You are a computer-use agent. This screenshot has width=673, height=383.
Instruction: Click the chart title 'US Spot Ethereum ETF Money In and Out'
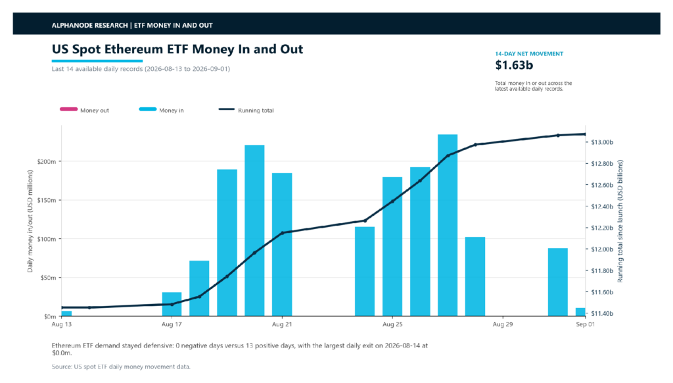click(x=177, y=49)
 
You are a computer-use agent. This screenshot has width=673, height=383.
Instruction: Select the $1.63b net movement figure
click(x=514, y=65)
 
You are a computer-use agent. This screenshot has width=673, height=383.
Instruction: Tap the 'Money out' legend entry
click(x=84, y=110)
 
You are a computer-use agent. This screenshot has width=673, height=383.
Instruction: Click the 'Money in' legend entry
click(x=162, y=110)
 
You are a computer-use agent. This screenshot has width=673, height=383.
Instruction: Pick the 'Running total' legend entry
click(x=246, y=110)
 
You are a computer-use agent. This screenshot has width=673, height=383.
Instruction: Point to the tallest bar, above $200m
click(x=448, y=225)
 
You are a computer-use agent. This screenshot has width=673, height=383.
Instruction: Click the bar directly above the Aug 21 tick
click(x=282, y=245)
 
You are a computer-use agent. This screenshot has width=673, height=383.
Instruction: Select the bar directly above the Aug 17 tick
click(x=172, y=304)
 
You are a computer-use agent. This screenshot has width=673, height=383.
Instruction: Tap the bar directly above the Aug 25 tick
click(x=392, y=246)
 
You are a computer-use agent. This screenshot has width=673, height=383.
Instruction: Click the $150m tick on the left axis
click(x=47, y=200)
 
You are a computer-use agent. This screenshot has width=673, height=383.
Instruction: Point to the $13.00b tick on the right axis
click(x=602, y=142)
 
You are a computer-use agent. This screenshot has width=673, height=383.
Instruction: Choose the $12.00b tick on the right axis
click(x=602, y=249)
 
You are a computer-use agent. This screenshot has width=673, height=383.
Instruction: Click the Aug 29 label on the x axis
click(x=503, y=324)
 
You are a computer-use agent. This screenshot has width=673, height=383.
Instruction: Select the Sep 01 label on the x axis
click(x=585, y=324)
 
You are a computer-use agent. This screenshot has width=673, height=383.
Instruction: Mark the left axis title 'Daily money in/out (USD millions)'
click(x=30, y=221)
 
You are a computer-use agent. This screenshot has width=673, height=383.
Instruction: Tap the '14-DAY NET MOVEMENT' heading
click(x=529, y=54)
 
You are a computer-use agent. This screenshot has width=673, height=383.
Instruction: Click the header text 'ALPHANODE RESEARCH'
click(x=89, y=26)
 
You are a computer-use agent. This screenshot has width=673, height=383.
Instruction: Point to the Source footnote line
click(x=121, y=367)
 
